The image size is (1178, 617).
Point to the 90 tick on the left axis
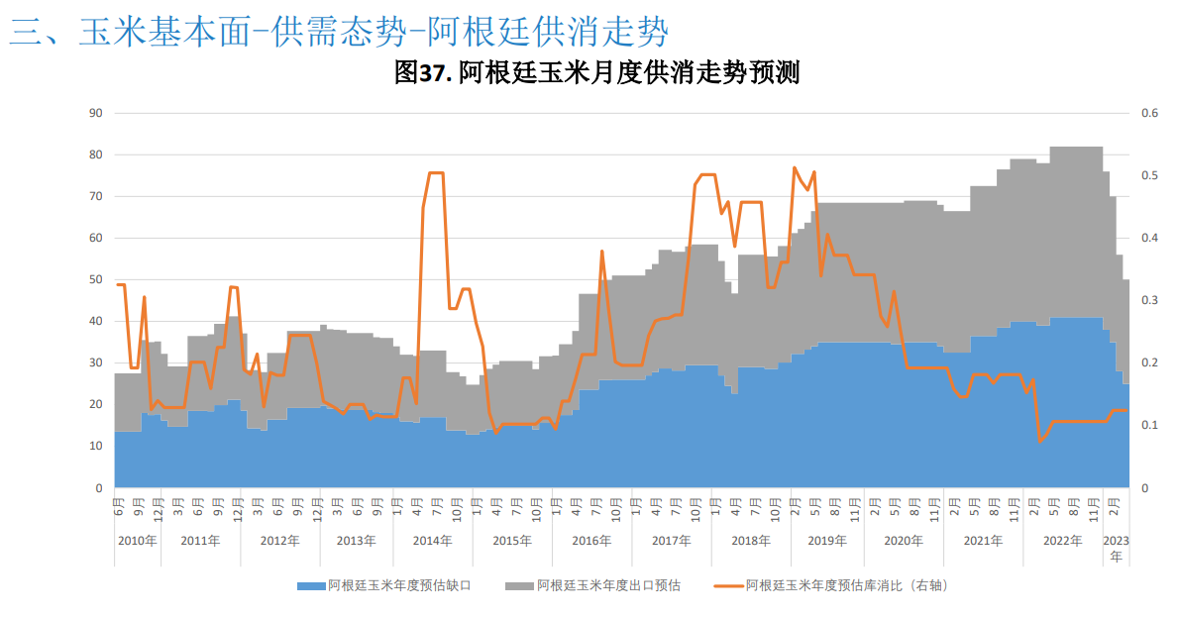pos(96,113)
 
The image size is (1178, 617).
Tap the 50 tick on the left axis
pos(96,280)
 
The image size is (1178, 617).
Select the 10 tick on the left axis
pos(96,447)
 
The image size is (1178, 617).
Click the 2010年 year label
pos(137,541)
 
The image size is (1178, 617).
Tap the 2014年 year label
pos(432,541)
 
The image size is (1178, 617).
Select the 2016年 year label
pos(591,541)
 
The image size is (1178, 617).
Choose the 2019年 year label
pos(827,541)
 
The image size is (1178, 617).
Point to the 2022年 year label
pos(1063,541)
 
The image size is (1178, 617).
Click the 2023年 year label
pos(1117,548)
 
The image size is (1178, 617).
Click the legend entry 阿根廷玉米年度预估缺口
pos(399,586)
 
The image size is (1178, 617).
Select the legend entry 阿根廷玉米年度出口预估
pos(608,586)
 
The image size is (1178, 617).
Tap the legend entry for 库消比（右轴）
pos(847,586)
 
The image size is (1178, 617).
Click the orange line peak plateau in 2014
pos(435,173)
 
